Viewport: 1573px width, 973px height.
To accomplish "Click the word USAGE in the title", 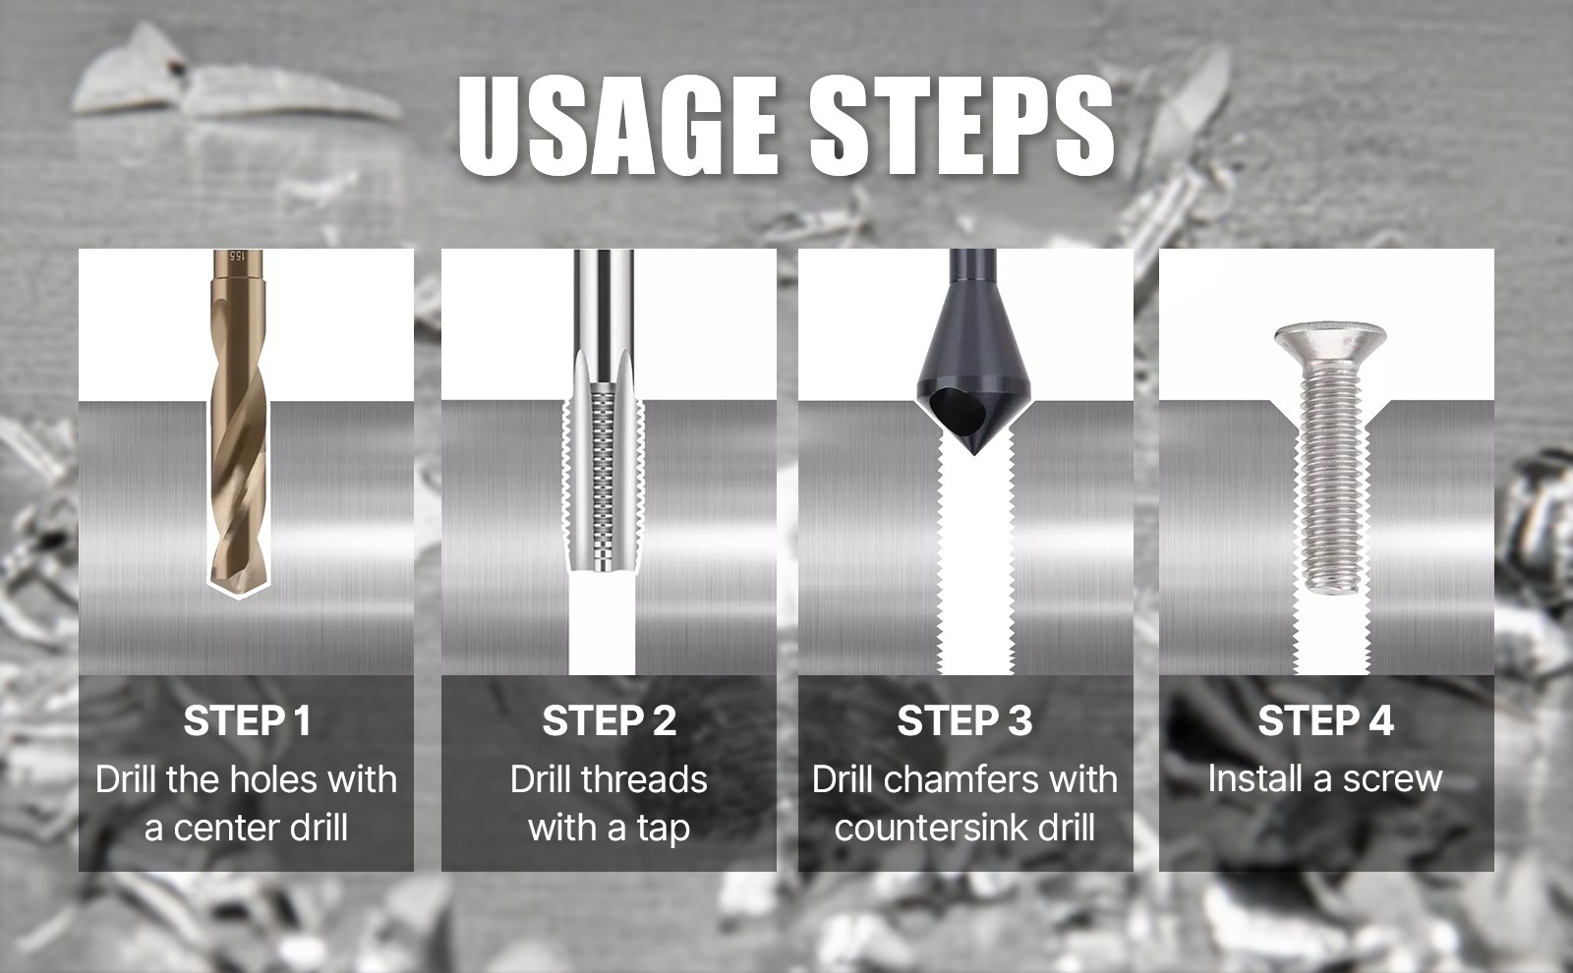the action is (617, 126).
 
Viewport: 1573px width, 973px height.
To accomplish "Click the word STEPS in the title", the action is (961, 126).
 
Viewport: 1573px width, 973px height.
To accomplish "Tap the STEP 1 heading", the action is (247, 720).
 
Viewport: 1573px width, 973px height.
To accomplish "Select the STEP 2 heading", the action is (609, 720).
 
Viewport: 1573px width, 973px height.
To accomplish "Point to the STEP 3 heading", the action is (964, 720).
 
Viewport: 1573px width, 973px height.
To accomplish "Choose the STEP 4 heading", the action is (1326, 720).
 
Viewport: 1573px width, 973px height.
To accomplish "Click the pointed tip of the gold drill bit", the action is (239, 598).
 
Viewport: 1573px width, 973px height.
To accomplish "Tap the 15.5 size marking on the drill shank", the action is (237, 262).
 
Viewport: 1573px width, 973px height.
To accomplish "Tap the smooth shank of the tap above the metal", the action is (604, 302).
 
